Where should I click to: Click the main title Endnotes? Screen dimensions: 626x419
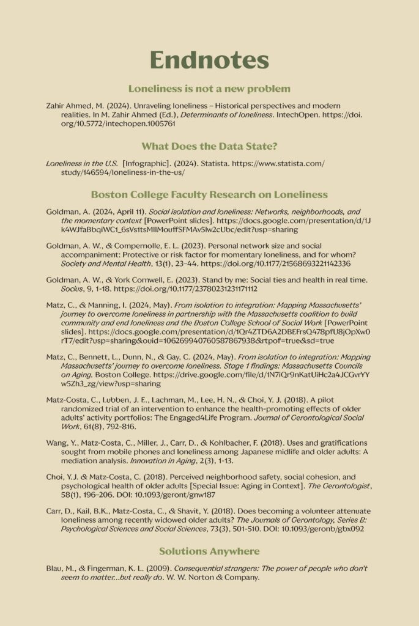click(209, 60)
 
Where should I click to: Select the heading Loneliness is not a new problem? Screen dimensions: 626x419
click(209, 89)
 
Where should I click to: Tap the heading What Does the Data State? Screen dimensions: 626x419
click(209, 146)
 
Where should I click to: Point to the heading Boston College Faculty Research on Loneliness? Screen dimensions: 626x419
click(209, 194)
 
